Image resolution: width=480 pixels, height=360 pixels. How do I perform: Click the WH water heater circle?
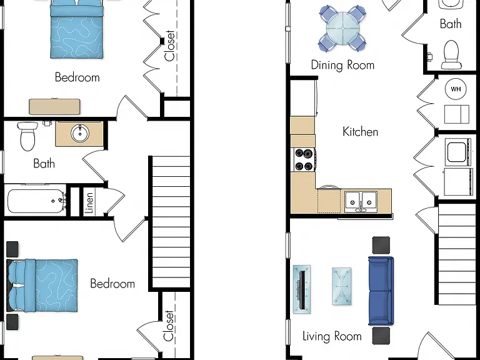click(456, 89)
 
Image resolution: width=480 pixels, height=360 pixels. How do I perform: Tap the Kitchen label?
click(360, 132)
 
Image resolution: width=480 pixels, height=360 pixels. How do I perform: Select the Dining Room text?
click(342, 65)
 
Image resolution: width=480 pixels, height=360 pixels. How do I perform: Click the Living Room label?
click(332, 336)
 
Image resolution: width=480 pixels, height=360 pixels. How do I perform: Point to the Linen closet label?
click(89, 202)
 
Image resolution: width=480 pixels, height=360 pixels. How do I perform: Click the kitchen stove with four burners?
click(304, 160)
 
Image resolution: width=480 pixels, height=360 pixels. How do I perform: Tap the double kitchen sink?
click(361, 202)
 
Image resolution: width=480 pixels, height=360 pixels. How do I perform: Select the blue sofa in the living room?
click(381, 291)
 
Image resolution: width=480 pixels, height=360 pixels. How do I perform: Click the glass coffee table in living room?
click(342, 286)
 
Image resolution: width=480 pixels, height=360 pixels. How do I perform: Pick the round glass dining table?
click(342, 29)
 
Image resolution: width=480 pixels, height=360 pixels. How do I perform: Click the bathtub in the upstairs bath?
click(36, 201)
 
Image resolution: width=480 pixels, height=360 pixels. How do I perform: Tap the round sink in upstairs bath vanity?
click(80, 133)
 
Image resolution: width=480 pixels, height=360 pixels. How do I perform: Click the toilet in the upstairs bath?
click(27, 136)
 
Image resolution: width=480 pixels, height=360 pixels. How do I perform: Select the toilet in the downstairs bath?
click(451, 55)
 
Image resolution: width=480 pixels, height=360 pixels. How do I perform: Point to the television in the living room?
click(302, 289)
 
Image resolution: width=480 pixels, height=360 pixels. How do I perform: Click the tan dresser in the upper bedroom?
click(55, 106)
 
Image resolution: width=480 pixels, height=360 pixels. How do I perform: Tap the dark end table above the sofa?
click(381, 245)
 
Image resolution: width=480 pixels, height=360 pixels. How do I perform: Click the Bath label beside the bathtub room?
click(44, 164)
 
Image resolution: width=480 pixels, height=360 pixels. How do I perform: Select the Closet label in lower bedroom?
click(169, 326)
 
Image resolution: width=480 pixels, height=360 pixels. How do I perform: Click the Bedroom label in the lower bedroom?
click(112, 284)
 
